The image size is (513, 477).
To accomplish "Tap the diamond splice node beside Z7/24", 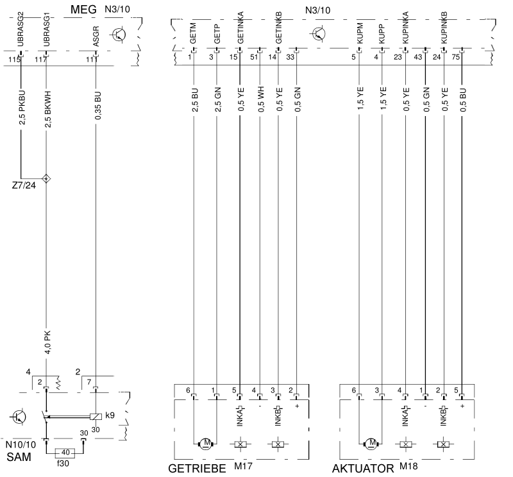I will click(x=46, y=178).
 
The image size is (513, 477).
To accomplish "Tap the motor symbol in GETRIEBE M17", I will click(x=206, y=443).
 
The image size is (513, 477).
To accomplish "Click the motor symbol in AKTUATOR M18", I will click(x=371, y=443).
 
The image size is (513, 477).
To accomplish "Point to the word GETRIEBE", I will click(x=197, y=469).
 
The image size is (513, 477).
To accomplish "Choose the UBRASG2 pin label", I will click(x=21, y=29).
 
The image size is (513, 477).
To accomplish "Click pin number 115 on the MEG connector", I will click(x=15, y=60).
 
